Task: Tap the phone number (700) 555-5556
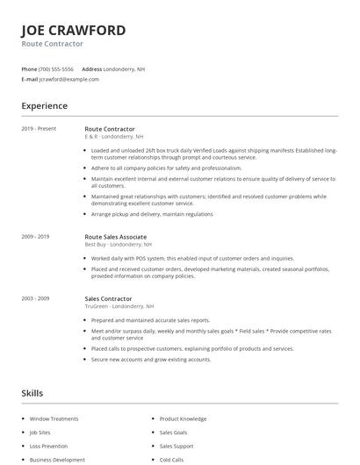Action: tap(57, 68)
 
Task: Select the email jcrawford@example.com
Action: tap(69, 79)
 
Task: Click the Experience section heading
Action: tap(44, 106)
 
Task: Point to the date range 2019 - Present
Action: tap(39, 129)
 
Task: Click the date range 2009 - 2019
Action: tap(35, 237)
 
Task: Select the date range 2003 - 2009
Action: tap(35, 298)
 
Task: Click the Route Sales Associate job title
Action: tap(115, 237)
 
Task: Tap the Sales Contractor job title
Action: tap(108, 298)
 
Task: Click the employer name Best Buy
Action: tap(95, 245)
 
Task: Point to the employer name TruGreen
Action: tap(97, 306)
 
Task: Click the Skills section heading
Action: tap(32, 393)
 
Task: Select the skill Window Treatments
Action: tap(54, 418)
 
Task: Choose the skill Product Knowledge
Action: tap(183, 418)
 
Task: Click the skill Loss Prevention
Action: tap(47, 446)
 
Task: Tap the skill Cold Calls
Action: tap(172, 459)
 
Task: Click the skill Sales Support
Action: tap(176, 446)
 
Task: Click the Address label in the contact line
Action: tap(91, 68)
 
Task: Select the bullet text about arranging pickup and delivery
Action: tap(152, 214)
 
